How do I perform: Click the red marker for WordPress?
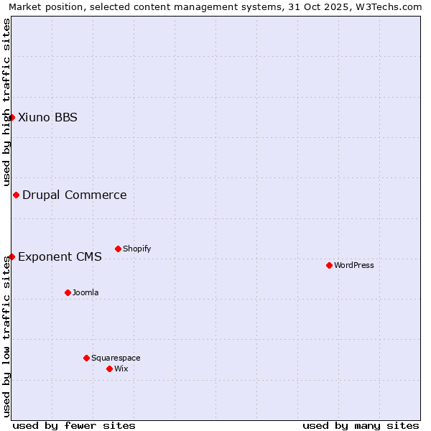(329, 265)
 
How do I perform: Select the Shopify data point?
(118, 249)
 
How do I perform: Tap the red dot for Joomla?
(68, 292)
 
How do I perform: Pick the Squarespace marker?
(86, 358)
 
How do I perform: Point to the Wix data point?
(109, 369)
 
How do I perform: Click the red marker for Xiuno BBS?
(11, 117)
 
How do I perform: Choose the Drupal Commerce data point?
(16, 195)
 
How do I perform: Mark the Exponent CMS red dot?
(11, 256)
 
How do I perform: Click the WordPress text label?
(354, 265)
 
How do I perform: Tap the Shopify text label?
(136, 249)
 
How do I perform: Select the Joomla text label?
(85, 292)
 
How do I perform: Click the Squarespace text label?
(116, 358)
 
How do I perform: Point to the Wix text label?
(121, 369)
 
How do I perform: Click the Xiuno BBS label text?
(47, 117)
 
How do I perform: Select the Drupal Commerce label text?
(75, 195)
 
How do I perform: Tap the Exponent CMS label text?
(60, 256)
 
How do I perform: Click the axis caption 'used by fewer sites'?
(74, 425)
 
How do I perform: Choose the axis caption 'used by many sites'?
(361, 425)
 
